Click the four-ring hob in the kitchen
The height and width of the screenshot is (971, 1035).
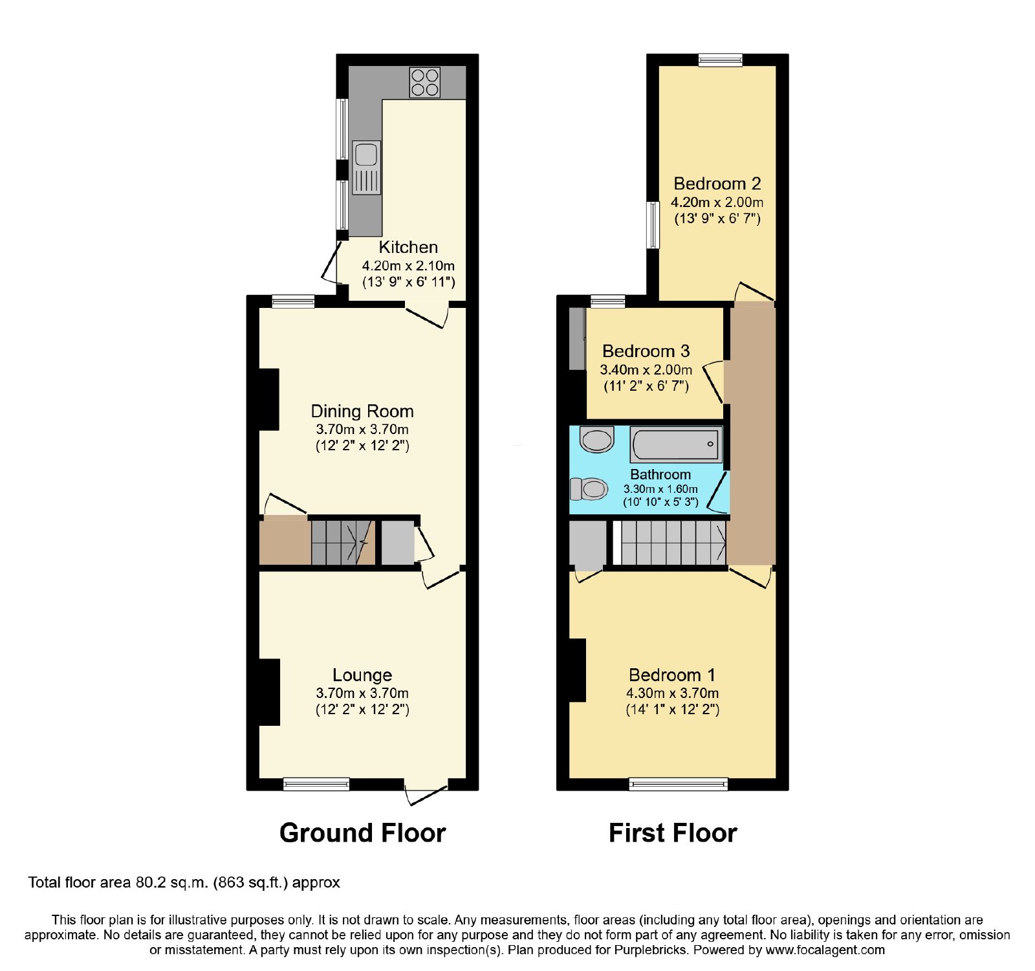point(424,83)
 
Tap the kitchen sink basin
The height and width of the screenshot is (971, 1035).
point(366,155)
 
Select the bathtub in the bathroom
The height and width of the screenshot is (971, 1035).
point(676,444)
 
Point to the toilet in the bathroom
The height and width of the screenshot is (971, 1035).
point(588,488)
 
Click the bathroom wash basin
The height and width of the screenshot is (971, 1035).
point(596,440)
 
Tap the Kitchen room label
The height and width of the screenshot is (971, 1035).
point(408,247)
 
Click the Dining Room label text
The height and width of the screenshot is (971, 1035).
point(362,411)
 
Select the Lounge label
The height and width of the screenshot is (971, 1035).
point(362,675)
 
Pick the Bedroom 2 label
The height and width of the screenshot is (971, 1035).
point(717,184)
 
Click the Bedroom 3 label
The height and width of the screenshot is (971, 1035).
point(646,351)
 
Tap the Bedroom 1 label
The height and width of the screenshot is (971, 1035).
point(672,675)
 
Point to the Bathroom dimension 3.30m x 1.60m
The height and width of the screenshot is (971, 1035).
point(660,489)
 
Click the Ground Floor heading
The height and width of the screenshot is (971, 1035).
point(362,833)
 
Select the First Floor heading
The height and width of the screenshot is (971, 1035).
point(673,833)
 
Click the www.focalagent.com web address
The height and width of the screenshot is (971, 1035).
point(825,950)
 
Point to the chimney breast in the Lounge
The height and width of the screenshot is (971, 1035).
point(269,692)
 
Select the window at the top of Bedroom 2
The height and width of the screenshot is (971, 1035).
point(720,60)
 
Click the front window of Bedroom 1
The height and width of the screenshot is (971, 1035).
point(679,784)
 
